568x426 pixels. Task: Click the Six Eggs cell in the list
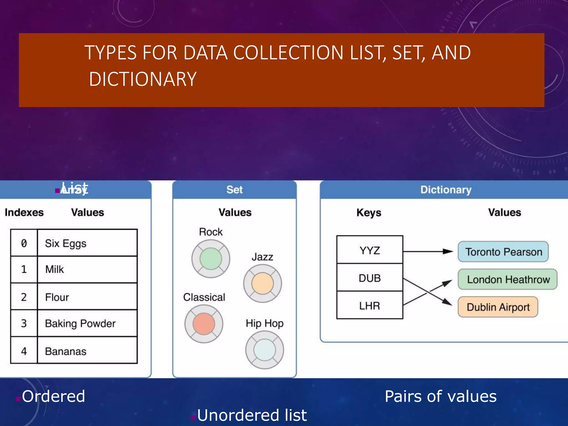click(87, 243)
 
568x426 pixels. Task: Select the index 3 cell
click(24, 323)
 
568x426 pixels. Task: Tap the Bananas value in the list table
click(87, 351)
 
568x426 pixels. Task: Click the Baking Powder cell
click(87, 323)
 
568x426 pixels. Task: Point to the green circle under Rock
click(211, 259)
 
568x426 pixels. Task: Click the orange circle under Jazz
click(262, 283)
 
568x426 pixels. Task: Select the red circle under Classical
click(204, 324)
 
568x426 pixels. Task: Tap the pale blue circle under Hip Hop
click(265, 350)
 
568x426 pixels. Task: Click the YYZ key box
click(370, 250)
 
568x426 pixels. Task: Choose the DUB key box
click(370, 278)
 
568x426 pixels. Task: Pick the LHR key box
click(370, 306)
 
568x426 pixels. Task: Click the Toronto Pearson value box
click(503, 252)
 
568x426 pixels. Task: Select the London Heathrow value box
click(508, 280)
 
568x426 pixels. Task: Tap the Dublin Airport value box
click(498, 307)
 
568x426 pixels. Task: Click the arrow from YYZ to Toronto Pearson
click(427, 252)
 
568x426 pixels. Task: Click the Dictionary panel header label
click(446, 190)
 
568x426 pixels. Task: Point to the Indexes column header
click(24, 212)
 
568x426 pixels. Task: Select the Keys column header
click(369, 213)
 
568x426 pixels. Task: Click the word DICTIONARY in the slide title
click(143, 79)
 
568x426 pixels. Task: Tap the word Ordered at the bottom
click(53, 396)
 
